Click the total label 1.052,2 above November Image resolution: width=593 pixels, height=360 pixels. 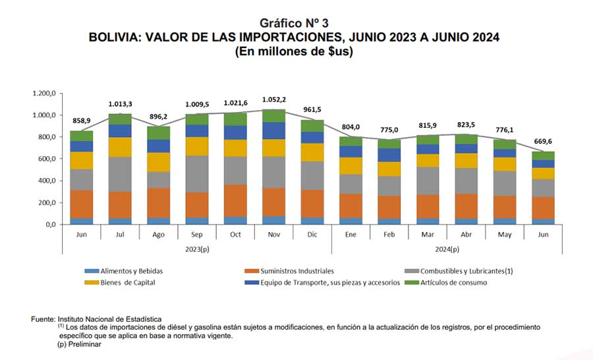point(274,100)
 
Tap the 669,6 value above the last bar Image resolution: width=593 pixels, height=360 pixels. point(543,142)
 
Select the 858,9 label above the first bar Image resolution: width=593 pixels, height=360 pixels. point(81,121)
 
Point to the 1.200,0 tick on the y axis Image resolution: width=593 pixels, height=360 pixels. point(44,93)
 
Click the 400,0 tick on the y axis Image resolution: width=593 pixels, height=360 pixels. point(47,181)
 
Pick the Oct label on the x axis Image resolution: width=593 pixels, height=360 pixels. point(235,235)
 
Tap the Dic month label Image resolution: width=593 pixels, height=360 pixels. point(312,235)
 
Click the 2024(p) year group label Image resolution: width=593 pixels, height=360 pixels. point(447,249)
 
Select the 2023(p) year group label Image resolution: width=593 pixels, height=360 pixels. point(197,249)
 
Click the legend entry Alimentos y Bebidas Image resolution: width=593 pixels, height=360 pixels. point(124,271)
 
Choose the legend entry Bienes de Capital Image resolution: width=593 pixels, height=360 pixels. point(120,282)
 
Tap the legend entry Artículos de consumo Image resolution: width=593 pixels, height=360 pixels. point(446,282)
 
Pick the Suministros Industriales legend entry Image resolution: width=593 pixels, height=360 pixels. point(289,271)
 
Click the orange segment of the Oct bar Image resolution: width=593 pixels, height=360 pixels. point(235,200)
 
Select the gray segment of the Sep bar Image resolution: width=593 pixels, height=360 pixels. point(196,174)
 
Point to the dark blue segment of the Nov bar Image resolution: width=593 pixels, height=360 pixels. point(274,131)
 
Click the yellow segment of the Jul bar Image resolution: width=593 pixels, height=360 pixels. point(120,147)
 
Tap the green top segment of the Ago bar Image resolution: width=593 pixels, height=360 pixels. point(158,133)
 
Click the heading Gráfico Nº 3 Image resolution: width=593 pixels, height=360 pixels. point(294,23)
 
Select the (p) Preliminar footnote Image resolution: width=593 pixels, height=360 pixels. point(80,344)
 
